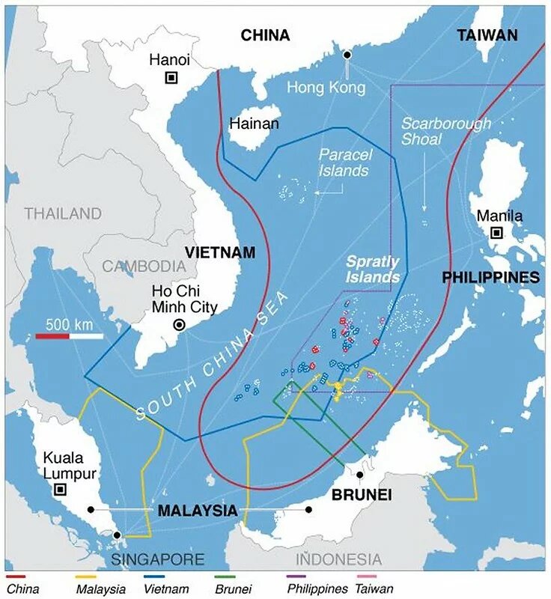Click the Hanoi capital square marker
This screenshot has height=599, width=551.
click(x=171, y=77)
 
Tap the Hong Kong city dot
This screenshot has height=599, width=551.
click(x=347, y=55)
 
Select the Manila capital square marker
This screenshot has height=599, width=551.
click(x=496, y=233)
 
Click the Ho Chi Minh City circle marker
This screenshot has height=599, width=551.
click(x=179, y=324)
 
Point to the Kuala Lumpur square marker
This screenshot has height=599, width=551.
click(x=60, y=490)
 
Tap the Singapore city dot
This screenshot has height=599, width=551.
click(x=117, y=535)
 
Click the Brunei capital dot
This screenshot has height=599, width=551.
click(x=360, y=475)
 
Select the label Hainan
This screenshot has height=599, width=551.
click(x=254, y=124)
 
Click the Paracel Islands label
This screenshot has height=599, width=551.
click(x=344, y=162)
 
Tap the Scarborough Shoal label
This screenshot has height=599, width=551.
click(x=446, y=131)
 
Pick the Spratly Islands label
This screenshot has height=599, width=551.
click(x=372, y=270)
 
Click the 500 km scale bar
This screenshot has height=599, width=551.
click(x=69, y=336)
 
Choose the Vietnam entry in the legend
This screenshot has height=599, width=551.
click(x=165, y=589)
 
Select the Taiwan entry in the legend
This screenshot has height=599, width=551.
click(x=375, y=589)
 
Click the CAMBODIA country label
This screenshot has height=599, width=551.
click(x=143, y=266)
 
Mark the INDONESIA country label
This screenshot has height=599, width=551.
click(x=338, y=559)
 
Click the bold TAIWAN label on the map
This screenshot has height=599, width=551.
click(x=487, y=35)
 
